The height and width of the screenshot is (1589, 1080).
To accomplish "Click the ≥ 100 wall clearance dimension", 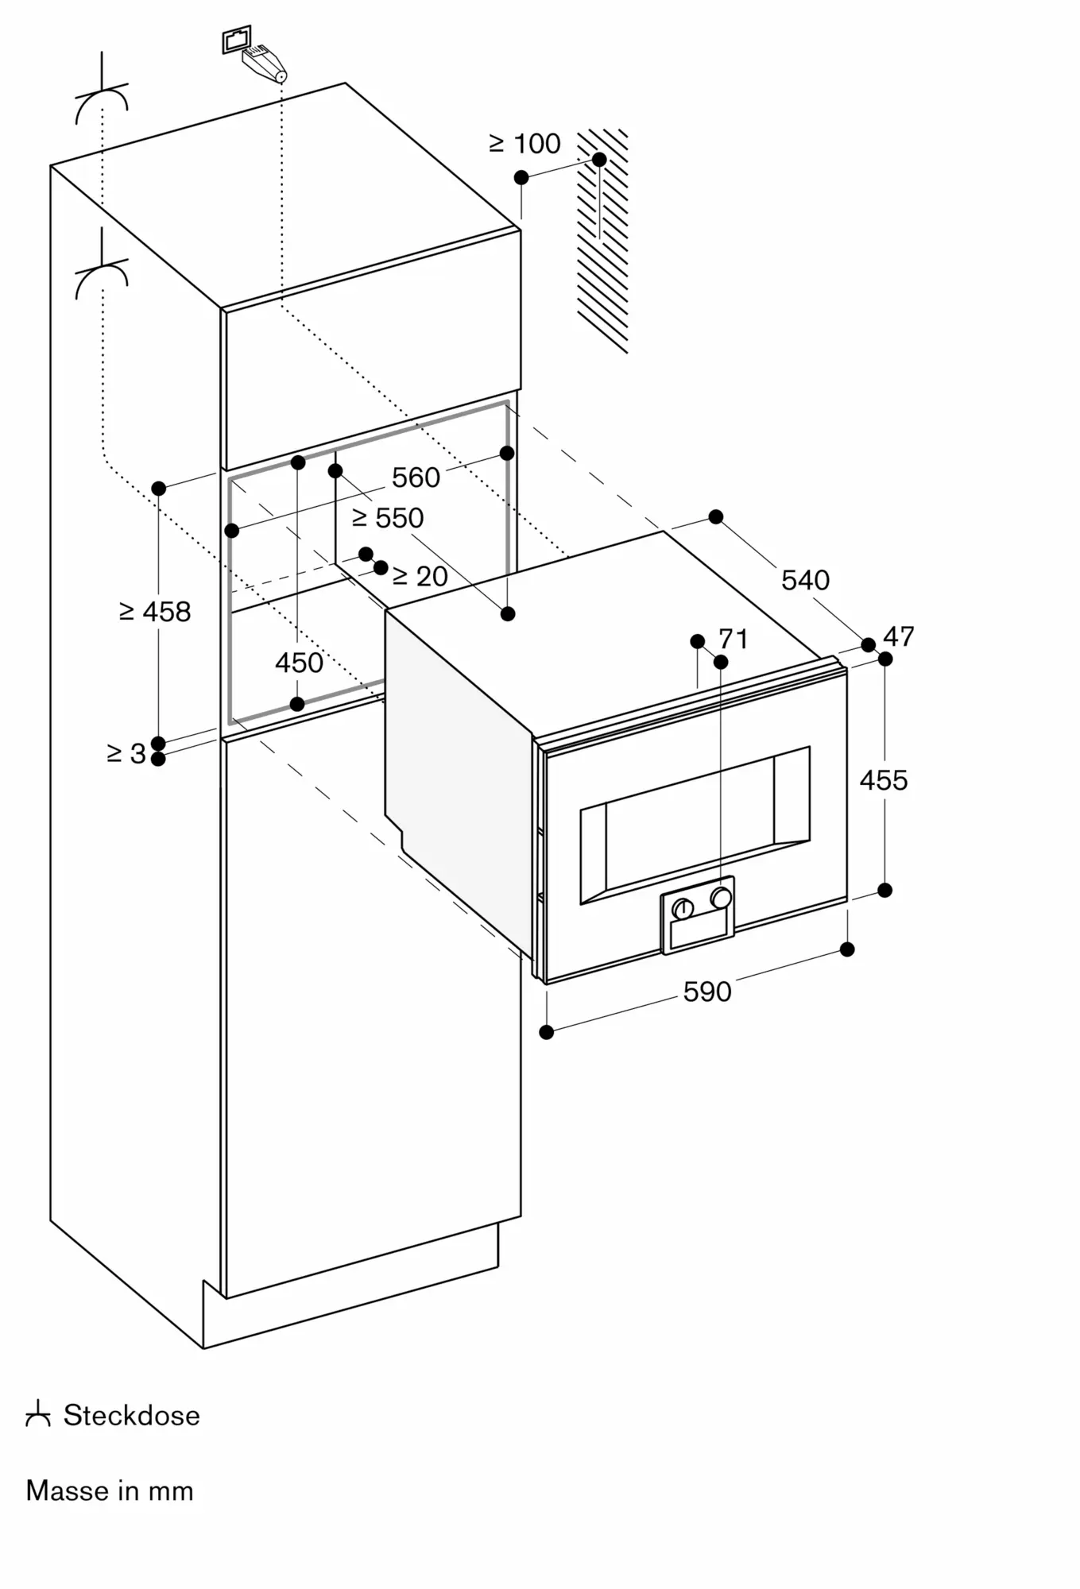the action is click(x=525, y=144).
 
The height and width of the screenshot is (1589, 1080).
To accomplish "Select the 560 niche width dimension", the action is click(x=416, y=477).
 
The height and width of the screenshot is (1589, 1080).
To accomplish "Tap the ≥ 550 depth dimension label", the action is click(x=388, y=518).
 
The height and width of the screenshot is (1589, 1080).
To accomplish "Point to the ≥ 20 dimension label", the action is click(x=420, y=576).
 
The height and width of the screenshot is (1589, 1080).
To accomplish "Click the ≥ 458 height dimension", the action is click(x=155, y=612).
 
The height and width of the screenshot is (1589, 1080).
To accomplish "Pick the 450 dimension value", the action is click(x=299, y=663).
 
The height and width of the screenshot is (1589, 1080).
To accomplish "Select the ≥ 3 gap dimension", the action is click(x=127, y=753).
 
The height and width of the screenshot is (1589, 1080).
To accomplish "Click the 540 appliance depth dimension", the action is click(x=805, y=580).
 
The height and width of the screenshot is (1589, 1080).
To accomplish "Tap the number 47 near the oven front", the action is click(x=899, y=636).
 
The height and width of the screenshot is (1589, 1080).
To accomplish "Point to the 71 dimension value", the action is click(x=733, y=639).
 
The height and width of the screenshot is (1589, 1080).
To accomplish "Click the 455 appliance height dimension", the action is click(x=883, y=780).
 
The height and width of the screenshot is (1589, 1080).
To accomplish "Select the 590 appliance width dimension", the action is click(x=707, y=992).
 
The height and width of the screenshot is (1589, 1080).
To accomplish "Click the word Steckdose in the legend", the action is click(x=132, y=1415).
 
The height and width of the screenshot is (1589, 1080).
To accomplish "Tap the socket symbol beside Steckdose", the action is click(x=38, y=1415).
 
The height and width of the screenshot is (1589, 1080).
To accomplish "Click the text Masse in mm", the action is click(x=110, y=1490).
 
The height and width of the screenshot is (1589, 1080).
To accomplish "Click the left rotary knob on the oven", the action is click(x=683, y=909).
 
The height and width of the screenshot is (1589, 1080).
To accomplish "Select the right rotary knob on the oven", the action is click(x=722, y=898).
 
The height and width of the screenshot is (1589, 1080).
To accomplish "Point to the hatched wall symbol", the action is click(x=602, y=241).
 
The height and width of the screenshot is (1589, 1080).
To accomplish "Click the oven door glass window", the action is click(x=695, y=825).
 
